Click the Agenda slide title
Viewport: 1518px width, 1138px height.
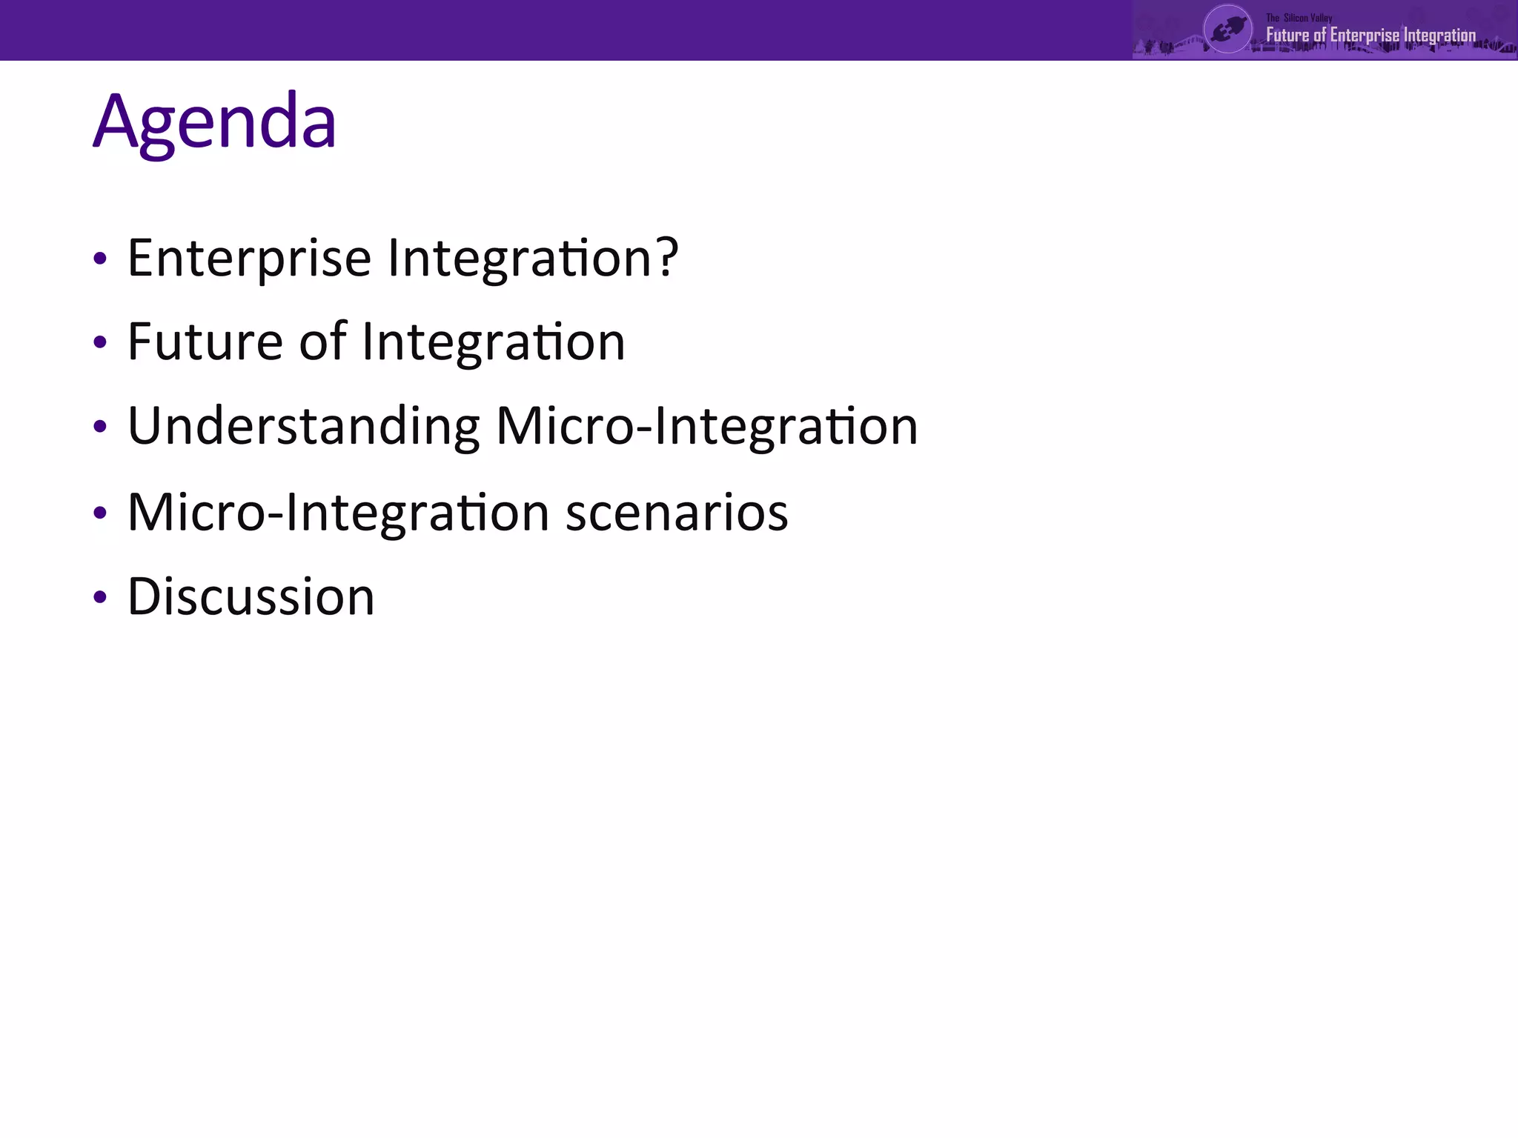pyautogui.click(x=214, y=122)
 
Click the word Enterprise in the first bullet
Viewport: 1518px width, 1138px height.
pyautogui.click(x=249, y=259)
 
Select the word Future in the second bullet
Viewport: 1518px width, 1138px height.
pyautogui.click(x=205, y=342)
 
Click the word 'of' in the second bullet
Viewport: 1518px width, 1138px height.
pyautogui.click(x=322, y=342)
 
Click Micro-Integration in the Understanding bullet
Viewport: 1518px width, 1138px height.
pyautogui.click(x=706, y=426)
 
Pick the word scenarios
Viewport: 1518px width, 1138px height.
pyautogui.click(x=677, y=513)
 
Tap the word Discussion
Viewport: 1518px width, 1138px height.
pyautogui.click(x=251, y=596)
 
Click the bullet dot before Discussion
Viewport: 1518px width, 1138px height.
pyautogui.click(x=100, y=597)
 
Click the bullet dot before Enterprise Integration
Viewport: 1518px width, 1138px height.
pyautogui.click(x=100, y=259)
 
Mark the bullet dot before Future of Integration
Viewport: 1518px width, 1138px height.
pyautogui.click(x=100, y=343)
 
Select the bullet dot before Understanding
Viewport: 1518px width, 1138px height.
pyautogui.click(x=100, y=427)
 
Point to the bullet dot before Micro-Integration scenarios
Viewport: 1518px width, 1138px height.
pyautogui.click(x=100, y=513)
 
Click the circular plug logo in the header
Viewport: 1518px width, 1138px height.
pyautogui.click(x=1227, y=30)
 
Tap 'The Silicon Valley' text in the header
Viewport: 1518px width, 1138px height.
pyautogui.click(x=1299, y=18)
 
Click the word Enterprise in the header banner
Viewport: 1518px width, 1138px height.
pyautogui.click(x=1364, y=36)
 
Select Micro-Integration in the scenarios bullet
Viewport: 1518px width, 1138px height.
pyautogui.click(x=338, y=513)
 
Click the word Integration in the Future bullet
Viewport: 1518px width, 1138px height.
pyautogui.click(x=493, y=343)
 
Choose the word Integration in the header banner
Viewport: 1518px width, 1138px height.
pyautogui.click(x=1439, y=36)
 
